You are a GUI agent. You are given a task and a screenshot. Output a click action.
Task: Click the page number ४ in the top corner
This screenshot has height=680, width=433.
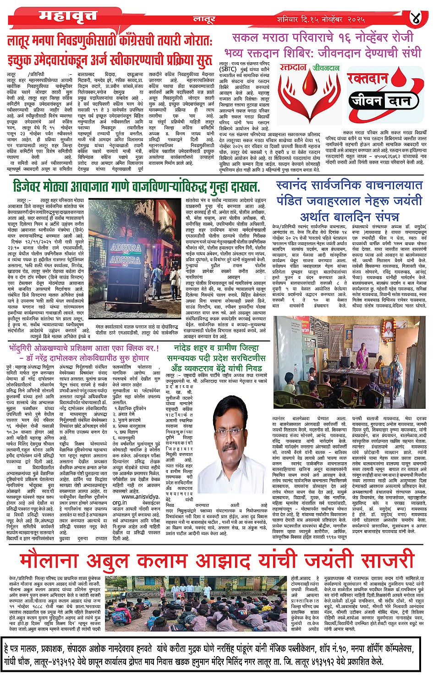click(415, 19)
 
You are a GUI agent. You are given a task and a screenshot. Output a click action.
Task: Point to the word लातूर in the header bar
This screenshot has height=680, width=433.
click(204, 20)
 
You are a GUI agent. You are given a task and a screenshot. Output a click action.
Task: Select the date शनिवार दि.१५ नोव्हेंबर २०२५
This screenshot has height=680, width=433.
click(321, 20)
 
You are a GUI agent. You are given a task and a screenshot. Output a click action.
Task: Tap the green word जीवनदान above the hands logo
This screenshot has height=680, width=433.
click(326, 68)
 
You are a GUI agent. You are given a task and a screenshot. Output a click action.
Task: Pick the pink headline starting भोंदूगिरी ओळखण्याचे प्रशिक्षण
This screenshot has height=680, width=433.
click(83, 348)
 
